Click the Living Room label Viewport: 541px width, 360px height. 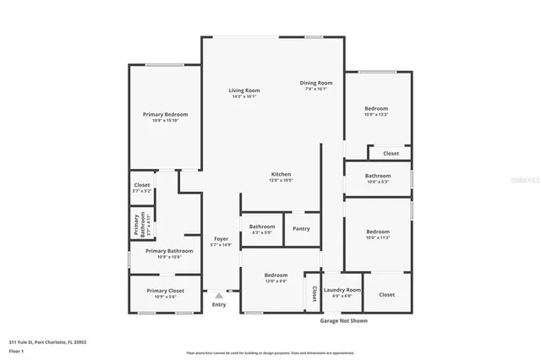coord(244,90)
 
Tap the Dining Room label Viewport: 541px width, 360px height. coord(316,83)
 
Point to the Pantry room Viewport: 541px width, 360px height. coord(301,228)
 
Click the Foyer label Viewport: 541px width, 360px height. coord(221,239)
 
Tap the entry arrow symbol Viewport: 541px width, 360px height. coord(220,295)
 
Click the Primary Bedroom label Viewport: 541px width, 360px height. coord(165,114)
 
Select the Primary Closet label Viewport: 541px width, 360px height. coord(165,291)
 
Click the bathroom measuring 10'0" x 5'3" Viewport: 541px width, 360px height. coord(377,176)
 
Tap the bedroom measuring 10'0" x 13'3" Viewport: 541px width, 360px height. coord(376,109)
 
